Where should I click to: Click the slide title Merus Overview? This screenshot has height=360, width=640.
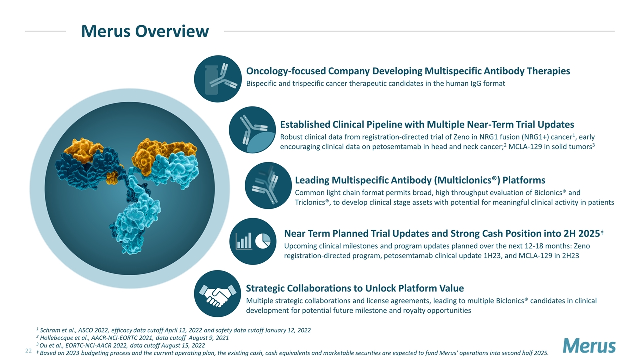click(x=145, y=31)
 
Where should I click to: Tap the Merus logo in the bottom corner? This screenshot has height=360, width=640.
click(x=589, y=346)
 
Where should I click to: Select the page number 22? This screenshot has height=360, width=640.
click(x=28, y=351)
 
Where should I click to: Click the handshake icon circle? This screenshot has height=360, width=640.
click(x=217, y=294)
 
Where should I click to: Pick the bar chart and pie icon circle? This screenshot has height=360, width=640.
click(x=253, y=241)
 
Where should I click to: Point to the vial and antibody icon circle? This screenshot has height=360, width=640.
click(x=218, y=79)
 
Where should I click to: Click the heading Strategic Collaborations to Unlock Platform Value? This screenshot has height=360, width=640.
click(x=355, y=288)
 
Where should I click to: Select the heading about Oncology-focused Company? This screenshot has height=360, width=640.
click(x=408, y=71)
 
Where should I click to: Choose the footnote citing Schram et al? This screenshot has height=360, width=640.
click(x=173, y=330)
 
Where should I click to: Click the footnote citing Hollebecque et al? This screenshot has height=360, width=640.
click(x=133, y=338)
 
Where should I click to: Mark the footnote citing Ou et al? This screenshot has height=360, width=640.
click(x=121, y=345)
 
